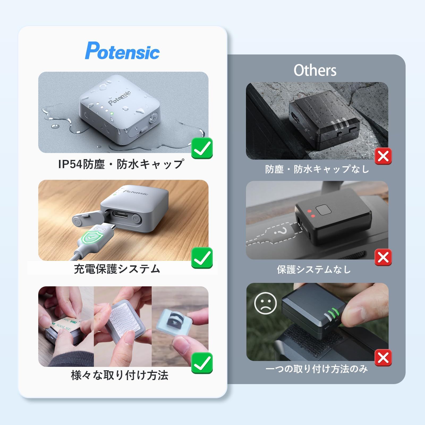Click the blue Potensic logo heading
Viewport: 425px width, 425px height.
coord(122,51)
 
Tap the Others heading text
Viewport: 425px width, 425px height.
coord(315,70)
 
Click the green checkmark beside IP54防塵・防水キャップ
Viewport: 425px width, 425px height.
coord(202,148)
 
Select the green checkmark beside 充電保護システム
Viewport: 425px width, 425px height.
coord(202,258)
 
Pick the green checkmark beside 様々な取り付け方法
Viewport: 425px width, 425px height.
coord(202,363)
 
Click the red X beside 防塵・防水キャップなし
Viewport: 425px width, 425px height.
coord(383,156)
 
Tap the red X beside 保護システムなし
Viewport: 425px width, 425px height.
coord(383,257)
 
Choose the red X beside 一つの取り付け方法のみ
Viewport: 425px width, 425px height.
coord(383,358)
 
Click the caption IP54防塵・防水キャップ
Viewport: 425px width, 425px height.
coord(121,164)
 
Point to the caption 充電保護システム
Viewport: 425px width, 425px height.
coord(117,269)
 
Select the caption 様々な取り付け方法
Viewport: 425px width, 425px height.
coord(120,375)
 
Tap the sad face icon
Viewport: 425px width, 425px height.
coord(265,303)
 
